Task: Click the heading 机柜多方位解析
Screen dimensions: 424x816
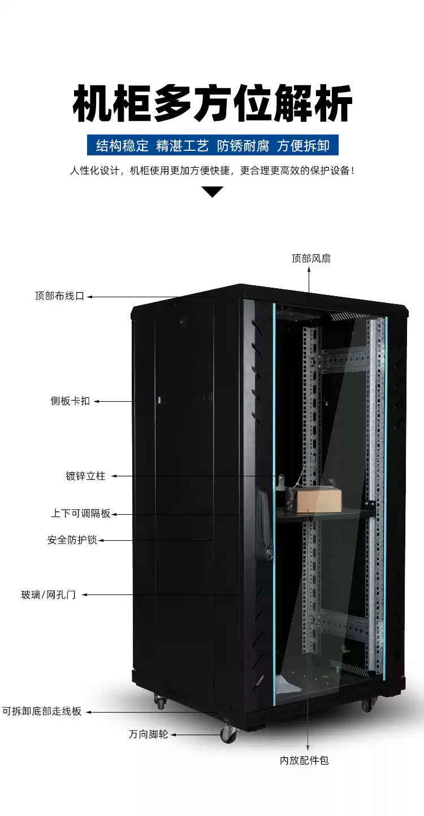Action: [212, 105]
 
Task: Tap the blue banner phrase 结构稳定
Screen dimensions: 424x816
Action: [122, 146]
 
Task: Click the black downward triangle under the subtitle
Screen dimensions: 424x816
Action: [213, 192]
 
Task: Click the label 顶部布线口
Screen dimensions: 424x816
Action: [59, 296]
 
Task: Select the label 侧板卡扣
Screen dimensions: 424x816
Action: [70, 401]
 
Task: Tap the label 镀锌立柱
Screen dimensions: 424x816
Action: [85, 476]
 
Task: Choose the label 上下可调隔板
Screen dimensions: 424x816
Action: [81, 514]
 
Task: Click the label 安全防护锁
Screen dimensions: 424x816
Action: [72, 540]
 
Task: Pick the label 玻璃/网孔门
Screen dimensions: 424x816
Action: [48, 594]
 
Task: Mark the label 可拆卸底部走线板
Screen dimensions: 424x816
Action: [42, 711]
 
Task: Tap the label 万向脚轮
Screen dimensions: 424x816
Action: [148, 735]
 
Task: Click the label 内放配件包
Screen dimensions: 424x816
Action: [304, 761]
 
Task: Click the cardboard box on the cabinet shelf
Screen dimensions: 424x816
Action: [319, 501]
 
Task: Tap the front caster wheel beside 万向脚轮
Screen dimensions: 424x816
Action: [228, 734]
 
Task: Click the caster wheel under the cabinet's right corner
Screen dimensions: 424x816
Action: [367, 704]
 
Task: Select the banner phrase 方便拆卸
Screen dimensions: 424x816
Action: [306, 146]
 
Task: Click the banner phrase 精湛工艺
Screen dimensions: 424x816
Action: [183, 146]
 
